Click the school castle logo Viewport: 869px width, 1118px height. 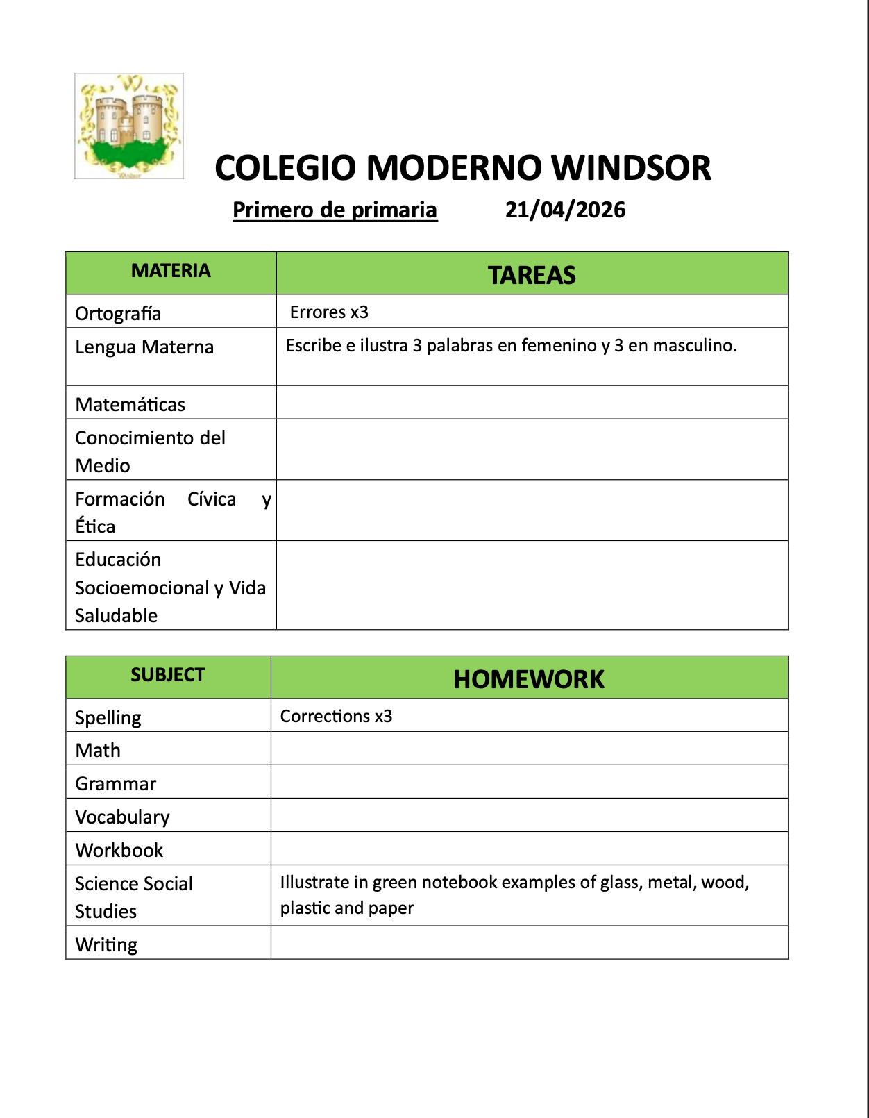pos(129,126)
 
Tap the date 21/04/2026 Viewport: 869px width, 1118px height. pos(565,210)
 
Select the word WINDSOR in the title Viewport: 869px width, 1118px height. pos(631,168)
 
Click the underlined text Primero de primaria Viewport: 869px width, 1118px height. pos(335,210)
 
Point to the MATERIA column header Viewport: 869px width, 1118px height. pos(171,271)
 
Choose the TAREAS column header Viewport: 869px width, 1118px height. pos(532,275)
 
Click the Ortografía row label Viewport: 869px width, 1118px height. pos(118,313)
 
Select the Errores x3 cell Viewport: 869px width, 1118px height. pos(329,312)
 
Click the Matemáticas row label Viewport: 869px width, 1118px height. pos(130,404)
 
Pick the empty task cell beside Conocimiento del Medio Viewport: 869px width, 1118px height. pos(532,449)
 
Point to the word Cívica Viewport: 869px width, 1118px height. pos(212,499)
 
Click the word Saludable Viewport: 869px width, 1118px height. pos(117,615)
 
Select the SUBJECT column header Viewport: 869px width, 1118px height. pos(168,675)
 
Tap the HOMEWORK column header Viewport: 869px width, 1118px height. pos(529,679)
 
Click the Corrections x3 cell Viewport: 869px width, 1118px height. pos(336,716)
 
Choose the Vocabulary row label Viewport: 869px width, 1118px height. pos(122,817)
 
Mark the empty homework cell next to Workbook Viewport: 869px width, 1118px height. pos(529,849)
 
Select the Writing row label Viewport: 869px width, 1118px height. pos(106,944)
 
